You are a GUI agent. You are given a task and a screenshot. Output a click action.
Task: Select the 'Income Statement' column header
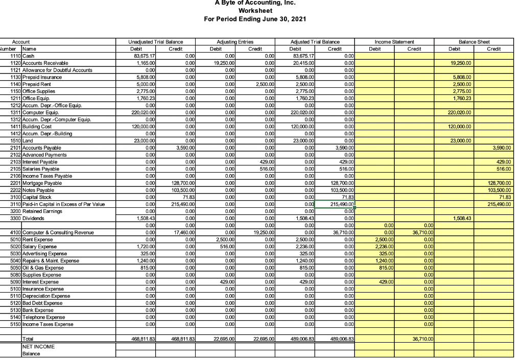(x=394, y=42)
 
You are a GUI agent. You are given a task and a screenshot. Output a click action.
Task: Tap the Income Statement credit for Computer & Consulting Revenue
(x=422, y=232)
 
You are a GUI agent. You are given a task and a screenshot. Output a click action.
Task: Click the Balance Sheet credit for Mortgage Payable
(x=498, y=183)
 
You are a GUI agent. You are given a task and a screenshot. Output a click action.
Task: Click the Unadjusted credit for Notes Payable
(x=184, y=190)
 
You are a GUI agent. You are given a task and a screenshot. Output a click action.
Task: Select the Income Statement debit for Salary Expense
(x=382, y=246)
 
